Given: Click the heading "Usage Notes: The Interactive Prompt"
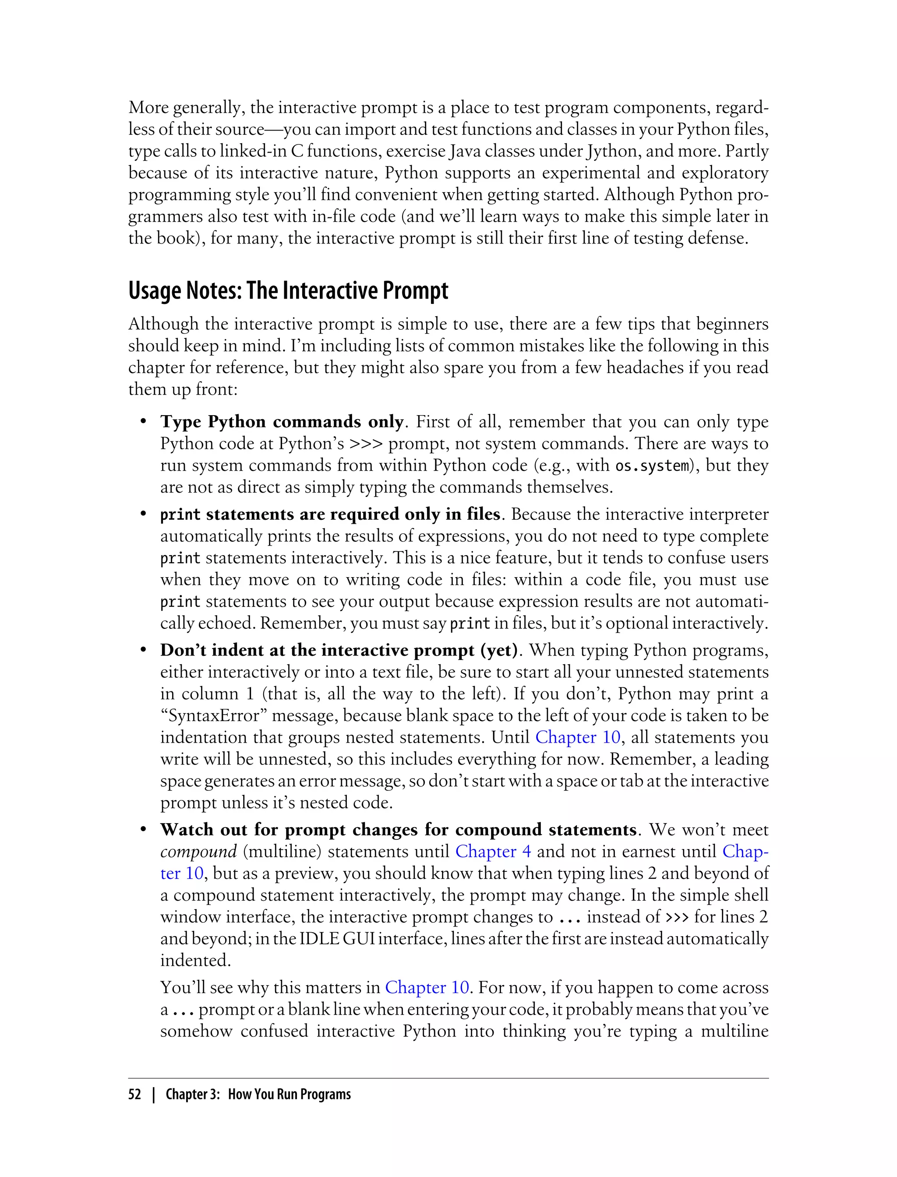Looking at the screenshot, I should tap(288, 291).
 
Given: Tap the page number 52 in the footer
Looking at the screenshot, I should tap(134, 1094).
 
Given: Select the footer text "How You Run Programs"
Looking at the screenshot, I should tap(289, 1094).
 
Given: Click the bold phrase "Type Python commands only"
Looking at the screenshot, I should tap(281, 422).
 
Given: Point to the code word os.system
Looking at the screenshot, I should tap(652, 466).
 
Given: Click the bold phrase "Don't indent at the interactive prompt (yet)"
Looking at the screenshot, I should tap(339, 650).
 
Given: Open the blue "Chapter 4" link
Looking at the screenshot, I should tap(493, 851).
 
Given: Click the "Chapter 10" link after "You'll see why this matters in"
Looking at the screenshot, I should tap(427, 987).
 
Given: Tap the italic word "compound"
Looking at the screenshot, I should tap(198, 851).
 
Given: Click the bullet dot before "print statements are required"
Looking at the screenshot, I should tap(143, 514).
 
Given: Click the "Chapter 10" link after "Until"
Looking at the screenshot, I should tap(578, 737).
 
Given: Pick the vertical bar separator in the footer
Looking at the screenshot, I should tap(154, 1094).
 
